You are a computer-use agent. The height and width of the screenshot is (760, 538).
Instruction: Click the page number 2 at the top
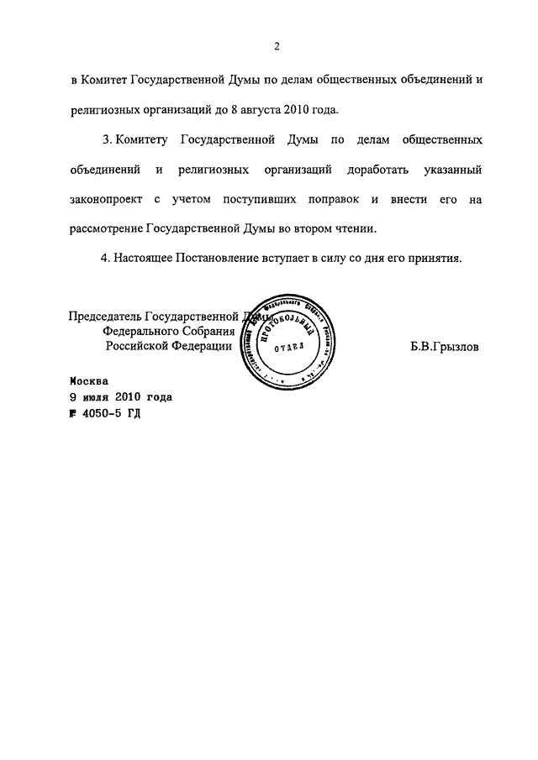(276, 45)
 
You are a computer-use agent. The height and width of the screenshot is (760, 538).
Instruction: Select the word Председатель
(105, 317)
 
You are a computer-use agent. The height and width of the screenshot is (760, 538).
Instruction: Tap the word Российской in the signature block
(140, 346)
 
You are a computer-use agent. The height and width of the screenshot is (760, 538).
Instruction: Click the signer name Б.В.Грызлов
(445, 347)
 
